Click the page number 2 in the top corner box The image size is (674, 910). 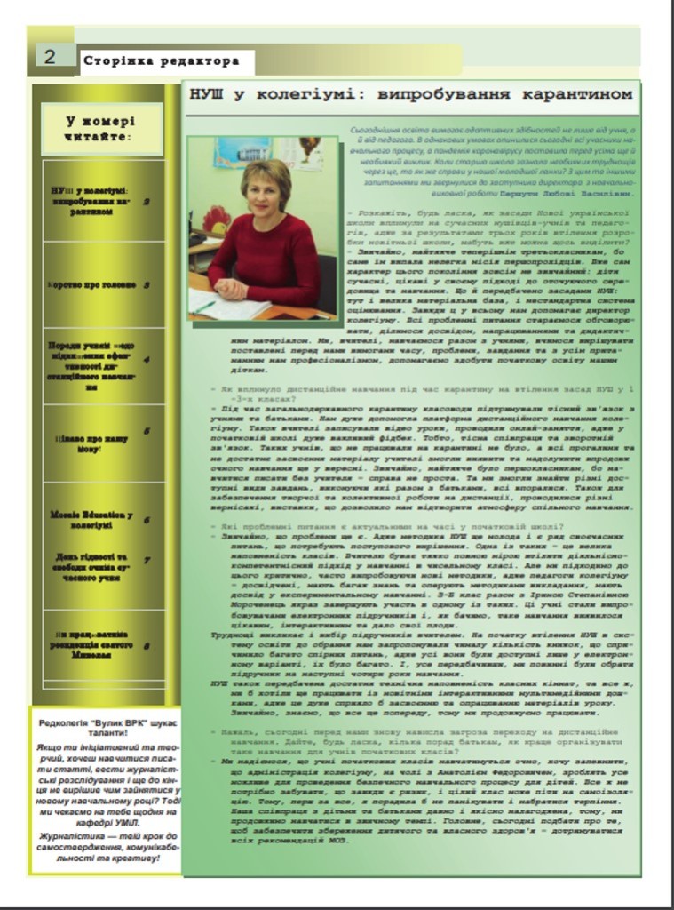[x=49, y=57]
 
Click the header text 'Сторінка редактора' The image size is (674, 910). [x=161, y=61]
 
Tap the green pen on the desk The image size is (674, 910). [x=204, y=307]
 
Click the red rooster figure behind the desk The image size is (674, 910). [x=217, y=219]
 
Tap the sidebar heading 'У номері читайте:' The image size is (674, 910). [x=100, y=130]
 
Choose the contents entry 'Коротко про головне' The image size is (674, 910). [x=92, y=285]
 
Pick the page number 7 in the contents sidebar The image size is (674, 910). [x=147, y=561]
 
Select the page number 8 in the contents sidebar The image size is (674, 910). [x=147, y=646]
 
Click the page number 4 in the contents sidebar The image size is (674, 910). [x=147, y=361]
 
